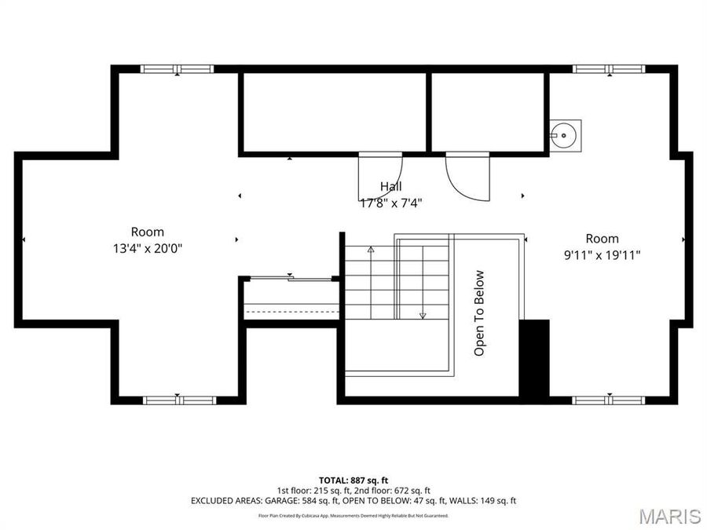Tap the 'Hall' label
(390, 186)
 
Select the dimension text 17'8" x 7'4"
(390, 203)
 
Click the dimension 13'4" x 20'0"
(147, 248)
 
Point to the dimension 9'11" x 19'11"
(602, 254)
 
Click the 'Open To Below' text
(479, 313)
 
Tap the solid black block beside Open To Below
(534, 358)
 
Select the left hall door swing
(378, 177)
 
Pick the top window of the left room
(178, 69)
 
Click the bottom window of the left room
(179, 400)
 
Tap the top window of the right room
(609, 69)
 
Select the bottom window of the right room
(608, 400)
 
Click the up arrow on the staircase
(371, 250)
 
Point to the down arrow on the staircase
(423, 314)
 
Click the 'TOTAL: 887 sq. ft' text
(353, 480)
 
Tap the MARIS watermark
(669, 516)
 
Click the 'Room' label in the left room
(147, 232)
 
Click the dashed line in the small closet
(291, 313)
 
